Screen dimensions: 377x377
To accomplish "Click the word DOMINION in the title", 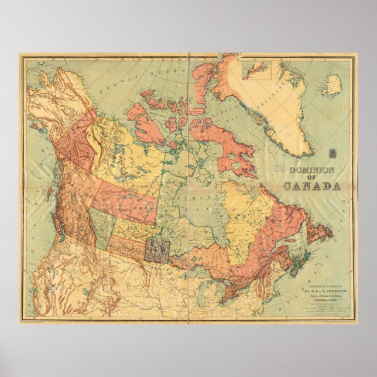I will [x=313, y=170].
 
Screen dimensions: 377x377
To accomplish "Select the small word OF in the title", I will [x=312, y=179].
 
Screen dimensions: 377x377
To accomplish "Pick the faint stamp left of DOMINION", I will [x=280, y=169].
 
